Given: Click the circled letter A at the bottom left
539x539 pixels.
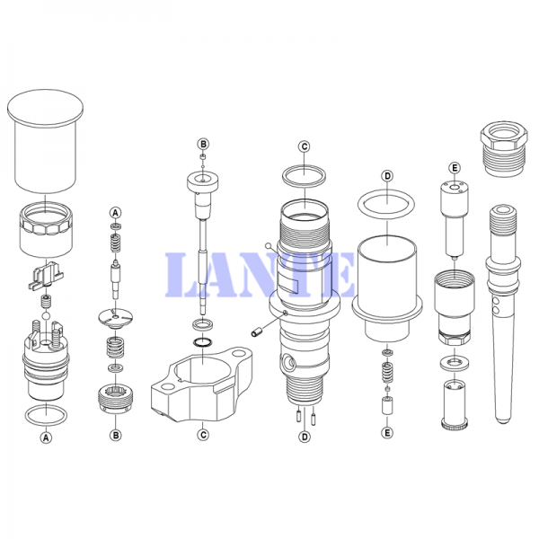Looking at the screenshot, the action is [x=46, y=437].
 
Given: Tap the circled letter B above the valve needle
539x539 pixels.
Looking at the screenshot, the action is [x=203, y=144].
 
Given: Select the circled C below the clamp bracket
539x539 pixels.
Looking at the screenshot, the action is [x=203, y=435].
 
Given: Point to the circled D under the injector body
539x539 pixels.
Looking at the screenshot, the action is [x=305, y=437].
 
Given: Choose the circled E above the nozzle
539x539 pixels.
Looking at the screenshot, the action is [x=455, y=168].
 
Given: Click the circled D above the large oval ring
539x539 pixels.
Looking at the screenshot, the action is [x=387, y=176].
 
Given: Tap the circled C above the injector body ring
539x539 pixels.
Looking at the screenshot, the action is [x=305, y=146].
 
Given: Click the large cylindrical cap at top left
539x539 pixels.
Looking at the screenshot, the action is [x=46, y=141].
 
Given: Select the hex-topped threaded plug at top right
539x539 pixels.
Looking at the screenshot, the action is [x=504, y=148].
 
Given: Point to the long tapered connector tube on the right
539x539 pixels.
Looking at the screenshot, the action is [x=503, y=313].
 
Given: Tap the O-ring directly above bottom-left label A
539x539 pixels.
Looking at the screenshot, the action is [x=46, y=415].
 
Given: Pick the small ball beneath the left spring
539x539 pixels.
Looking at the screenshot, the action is [x=46, y=315].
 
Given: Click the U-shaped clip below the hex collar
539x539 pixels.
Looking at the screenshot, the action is [x=46, y=274].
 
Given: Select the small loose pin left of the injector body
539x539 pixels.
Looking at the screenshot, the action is [x=257, y=332].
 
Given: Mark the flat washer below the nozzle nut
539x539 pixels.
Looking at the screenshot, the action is [x=455, y=363].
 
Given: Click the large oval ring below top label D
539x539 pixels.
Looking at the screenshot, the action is [x=386, y=204].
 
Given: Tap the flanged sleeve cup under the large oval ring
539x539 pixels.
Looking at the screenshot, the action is [x=387, y=288].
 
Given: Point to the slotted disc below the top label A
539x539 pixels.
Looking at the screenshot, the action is [x=116, y=318].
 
